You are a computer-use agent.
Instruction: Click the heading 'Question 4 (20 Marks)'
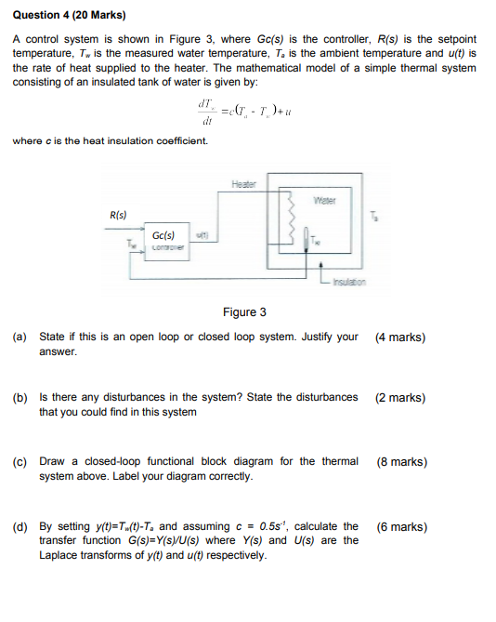[x=68, y=16]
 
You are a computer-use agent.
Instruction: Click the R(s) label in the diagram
[x=118, y=214]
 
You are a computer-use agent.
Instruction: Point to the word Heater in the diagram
[x=244, y=184]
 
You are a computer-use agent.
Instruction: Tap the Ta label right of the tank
[x=374, y=218]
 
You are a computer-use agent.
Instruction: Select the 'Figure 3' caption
[x=244, y=312]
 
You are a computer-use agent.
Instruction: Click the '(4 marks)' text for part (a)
[x=401, y=337]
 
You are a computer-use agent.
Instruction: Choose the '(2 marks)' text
[x=401, y=398]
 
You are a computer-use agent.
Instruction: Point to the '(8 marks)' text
[x=401, y=461]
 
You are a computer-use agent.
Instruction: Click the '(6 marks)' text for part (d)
[x=401, y=527]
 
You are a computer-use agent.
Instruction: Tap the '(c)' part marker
[x=20, y=461]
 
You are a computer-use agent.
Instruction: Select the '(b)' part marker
[x=20, y=398]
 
